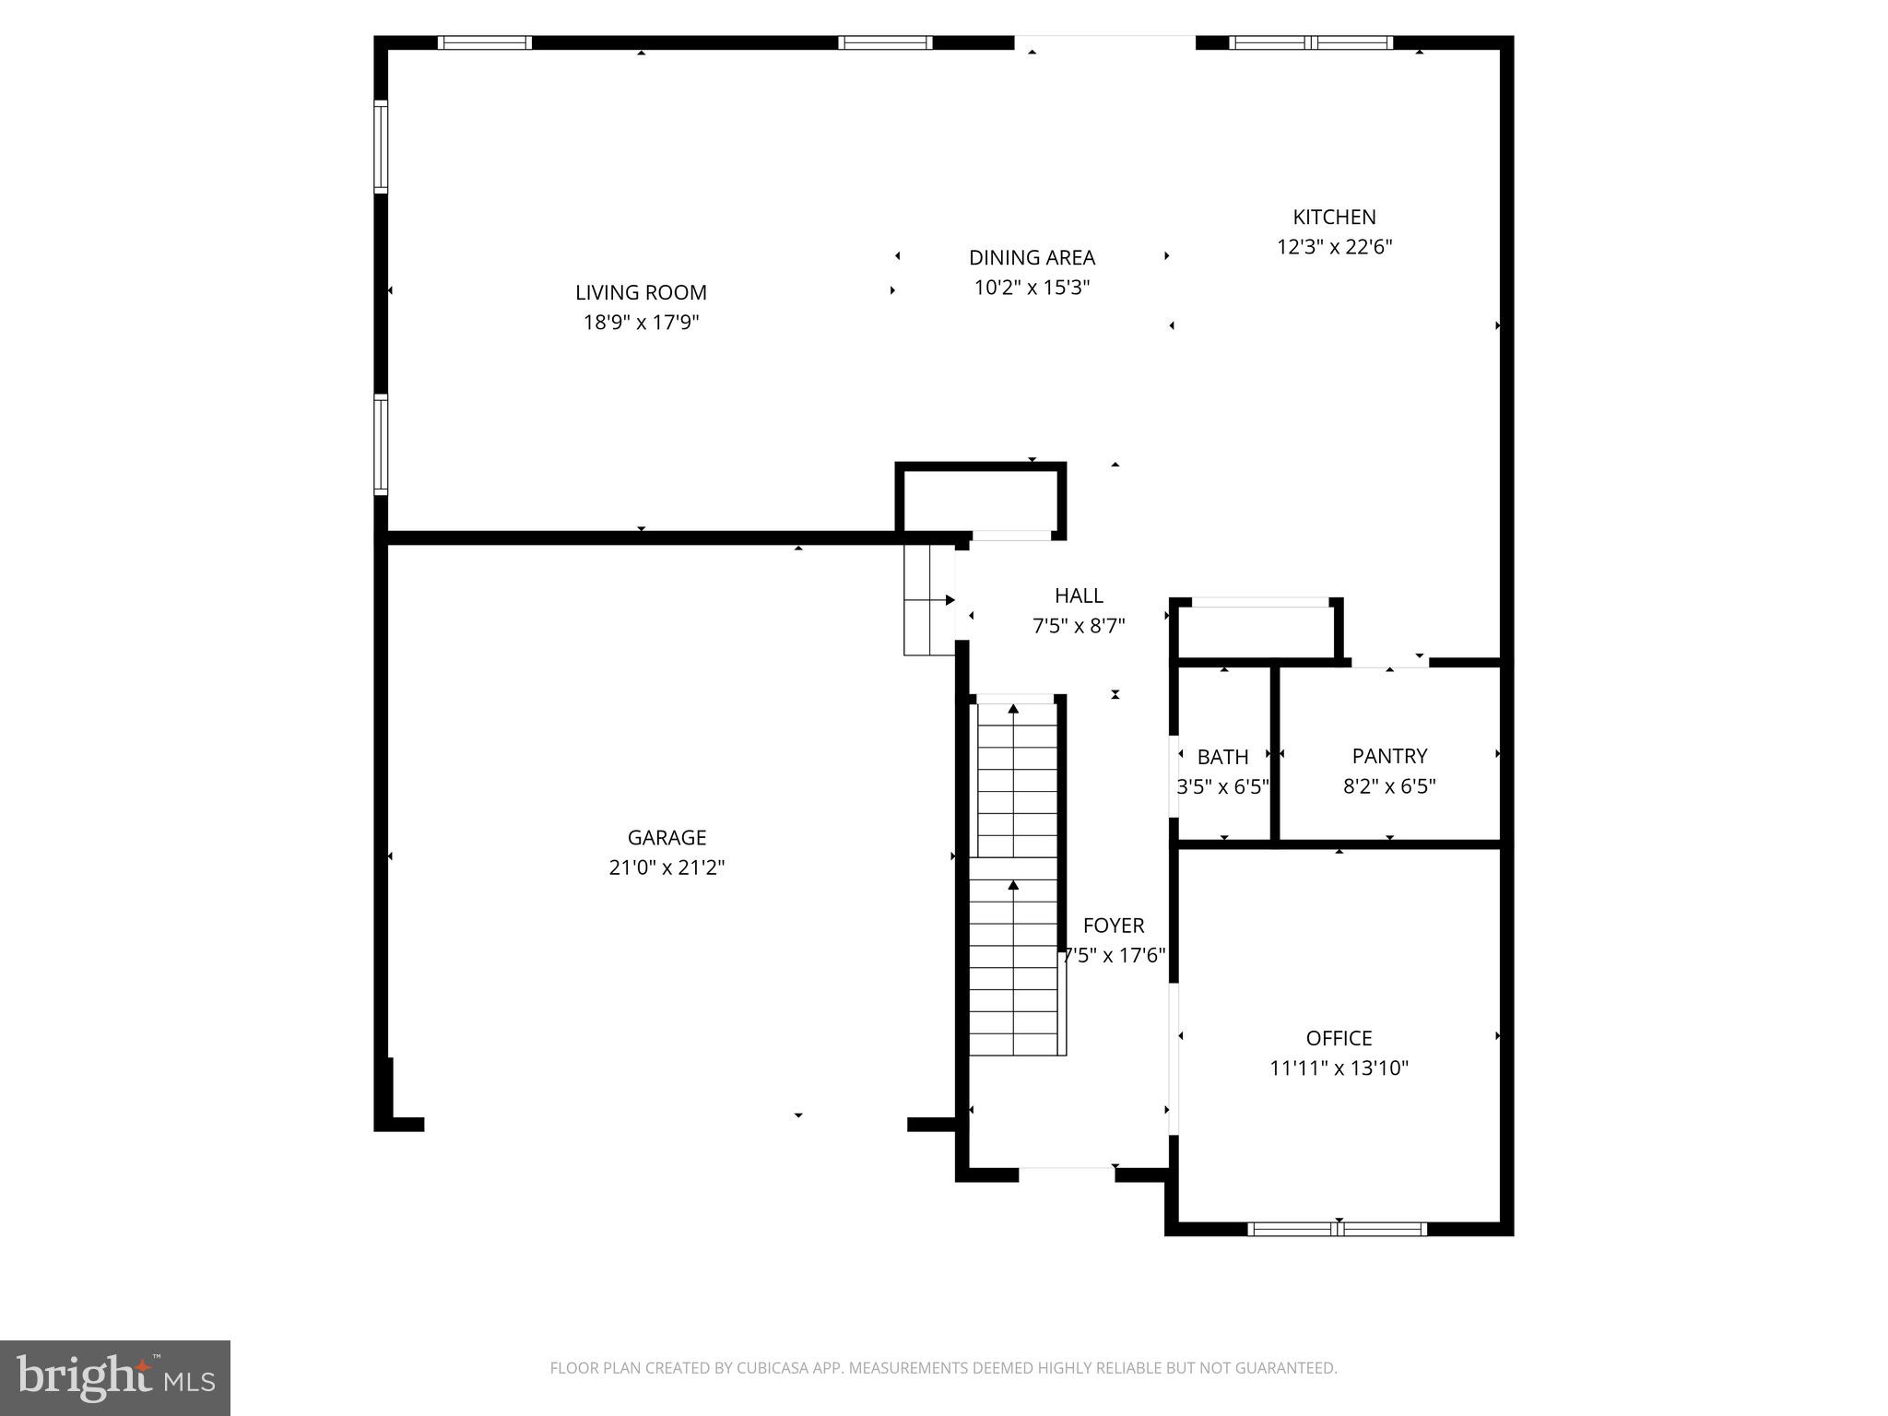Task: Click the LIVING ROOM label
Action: click(x=641, y=292)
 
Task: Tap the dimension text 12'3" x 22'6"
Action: click(x=1334, y=247)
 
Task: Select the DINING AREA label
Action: click(x=1032, y=257)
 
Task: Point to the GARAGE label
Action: click(x=667, y=837)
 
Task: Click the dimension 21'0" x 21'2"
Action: click(x=667, y=867)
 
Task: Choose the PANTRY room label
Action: click(x=1389, y=756)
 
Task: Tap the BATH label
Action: click(x=1222, y=757)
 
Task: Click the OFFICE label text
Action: click(x=1339, y=1038)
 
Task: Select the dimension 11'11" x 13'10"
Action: click(x=1339, y=1068)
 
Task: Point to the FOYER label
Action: click(x=1114, y=926)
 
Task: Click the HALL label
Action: click(x=1079, y=596)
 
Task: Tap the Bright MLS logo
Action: click(x=114, y=1377)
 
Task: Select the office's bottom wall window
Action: click(x=1337, y=1229)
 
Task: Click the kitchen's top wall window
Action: click(x=1311, y=42)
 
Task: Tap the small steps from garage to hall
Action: click(x=928, y=599)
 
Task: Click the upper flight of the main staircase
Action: click(x=1016, y=779)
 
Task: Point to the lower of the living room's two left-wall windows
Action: click(x=381, y=444)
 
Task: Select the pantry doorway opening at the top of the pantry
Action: click(x=1389, y=663)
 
